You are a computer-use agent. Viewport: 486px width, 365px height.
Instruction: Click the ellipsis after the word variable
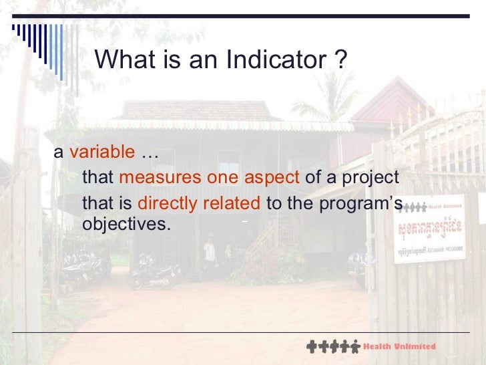(x=149, y=154)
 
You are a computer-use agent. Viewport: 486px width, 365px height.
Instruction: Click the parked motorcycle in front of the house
(x=155, y=275)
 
